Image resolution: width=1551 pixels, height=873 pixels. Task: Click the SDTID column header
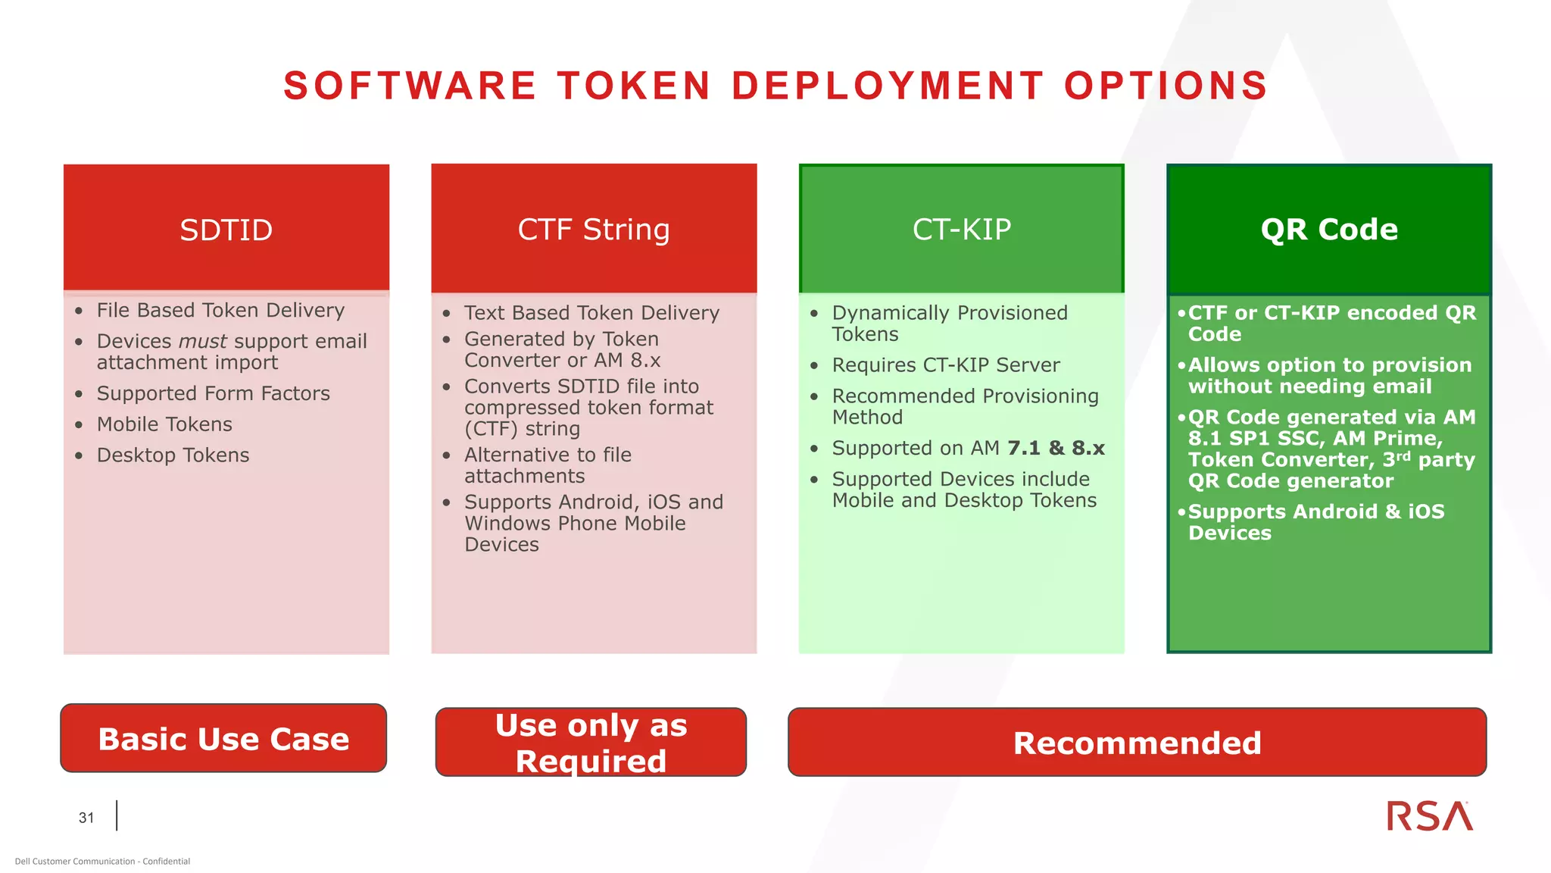[226, 230]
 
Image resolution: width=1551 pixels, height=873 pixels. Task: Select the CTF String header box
[594, 229]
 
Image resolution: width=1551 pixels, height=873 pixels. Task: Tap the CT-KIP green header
[961, 229]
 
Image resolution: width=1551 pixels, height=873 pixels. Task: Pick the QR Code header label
[1329, 229]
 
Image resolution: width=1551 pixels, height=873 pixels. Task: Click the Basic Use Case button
[223, 739]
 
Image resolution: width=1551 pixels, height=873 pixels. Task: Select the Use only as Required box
[591, 743]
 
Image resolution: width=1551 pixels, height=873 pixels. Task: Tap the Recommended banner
[1137, 743]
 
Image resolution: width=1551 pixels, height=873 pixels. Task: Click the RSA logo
[1429, 816]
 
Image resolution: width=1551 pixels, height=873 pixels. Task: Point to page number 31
[86, 818]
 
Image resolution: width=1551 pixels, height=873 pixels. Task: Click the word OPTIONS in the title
[1166, 86]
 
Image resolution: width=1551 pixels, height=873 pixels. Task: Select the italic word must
[203, 341]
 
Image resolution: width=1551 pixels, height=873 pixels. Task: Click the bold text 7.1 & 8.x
[1056, 448]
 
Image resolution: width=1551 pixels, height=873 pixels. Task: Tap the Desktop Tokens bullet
[173, 455]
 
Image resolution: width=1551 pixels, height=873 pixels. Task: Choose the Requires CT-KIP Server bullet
[945, 365]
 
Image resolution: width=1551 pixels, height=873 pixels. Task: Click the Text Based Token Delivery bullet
[591, 312]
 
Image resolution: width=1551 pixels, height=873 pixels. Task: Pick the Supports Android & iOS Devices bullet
[1315, 521]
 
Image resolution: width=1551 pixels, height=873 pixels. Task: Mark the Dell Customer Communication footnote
[102, 861]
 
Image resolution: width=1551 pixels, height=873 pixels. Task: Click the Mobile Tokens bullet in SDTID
[164, 424]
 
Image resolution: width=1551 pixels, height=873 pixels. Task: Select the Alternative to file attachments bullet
[547, 465]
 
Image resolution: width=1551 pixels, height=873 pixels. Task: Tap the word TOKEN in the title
[635, 86]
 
